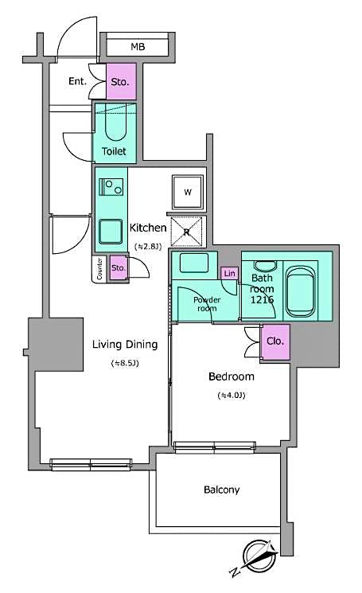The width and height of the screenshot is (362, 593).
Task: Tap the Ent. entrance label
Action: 78,80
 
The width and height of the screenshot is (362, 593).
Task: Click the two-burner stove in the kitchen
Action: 111,188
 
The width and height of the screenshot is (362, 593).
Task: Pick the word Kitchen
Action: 148,228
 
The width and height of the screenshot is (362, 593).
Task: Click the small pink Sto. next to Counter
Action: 118,267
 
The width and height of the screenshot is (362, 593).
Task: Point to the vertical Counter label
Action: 99,269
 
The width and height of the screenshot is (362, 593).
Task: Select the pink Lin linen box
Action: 229,274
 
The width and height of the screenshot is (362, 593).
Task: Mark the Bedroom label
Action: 231,376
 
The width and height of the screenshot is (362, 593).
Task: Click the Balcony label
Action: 220,490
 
